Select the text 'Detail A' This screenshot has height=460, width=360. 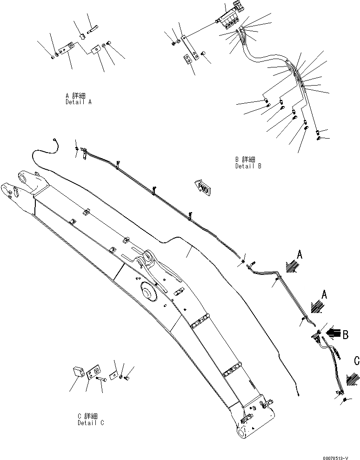[78, 101]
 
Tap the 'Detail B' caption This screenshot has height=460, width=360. [248, 166]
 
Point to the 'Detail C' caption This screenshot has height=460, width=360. [91, 423]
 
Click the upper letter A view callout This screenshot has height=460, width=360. [300, 254]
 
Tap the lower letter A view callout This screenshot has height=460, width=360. [325, 294]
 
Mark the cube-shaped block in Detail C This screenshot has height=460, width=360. [78, 372]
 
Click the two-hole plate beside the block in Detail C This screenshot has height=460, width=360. [93, 371]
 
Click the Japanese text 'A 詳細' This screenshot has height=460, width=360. [75, 95]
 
